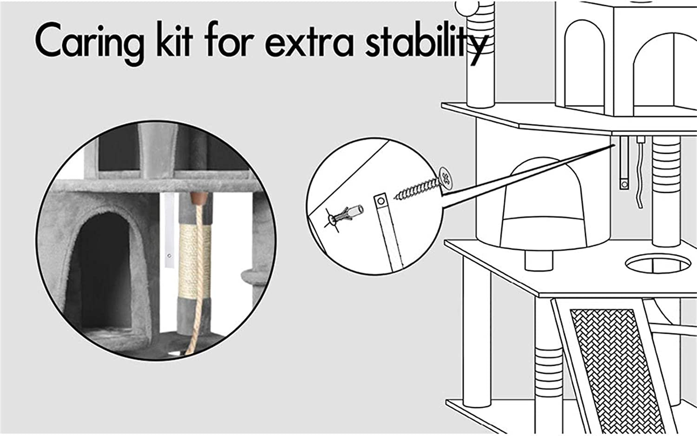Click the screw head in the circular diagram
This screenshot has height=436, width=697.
(x=446, y=178)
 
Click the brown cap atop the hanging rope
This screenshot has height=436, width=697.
(x=199, y=198)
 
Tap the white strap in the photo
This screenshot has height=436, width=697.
(x=169, y=230)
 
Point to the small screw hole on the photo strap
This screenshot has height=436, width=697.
(x=169, y=256)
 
